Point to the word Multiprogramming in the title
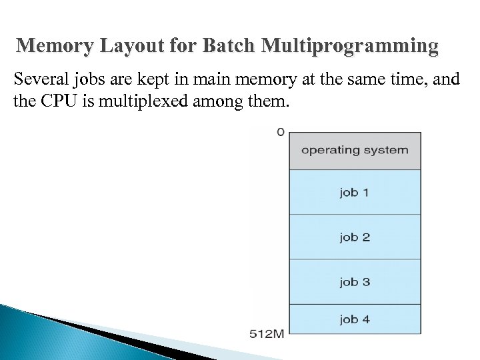coord(351,47)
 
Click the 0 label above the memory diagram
coord(281,132)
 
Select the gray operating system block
coord(355,150)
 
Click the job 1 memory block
coord(355,193)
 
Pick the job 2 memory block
coord(355,237)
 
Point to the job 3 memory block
coord(355,281)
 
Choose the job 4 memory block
coord(355,319)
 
